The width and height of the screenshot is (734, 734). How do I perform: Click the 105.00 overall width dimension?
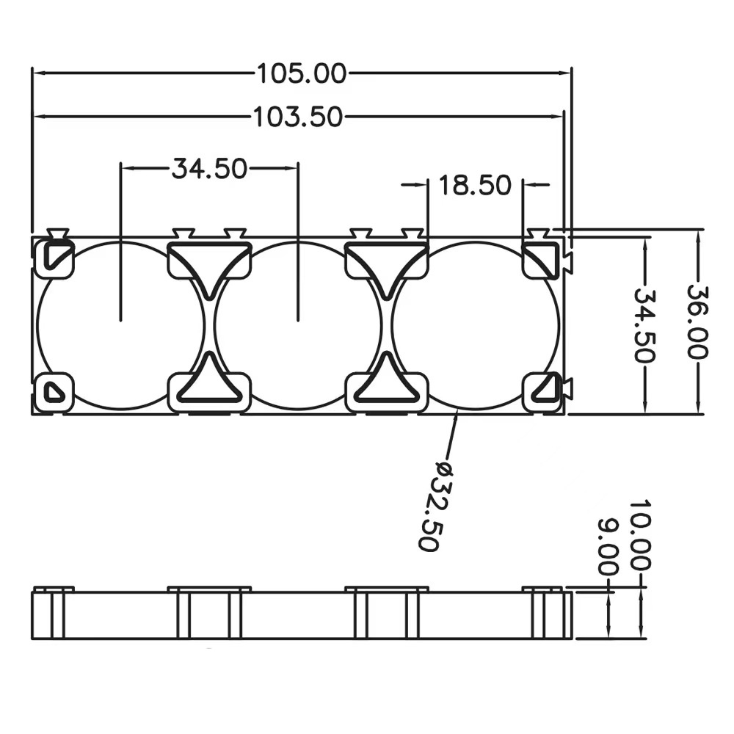[302, 73]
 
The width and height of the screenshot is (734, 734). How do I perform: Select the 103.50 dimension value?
[298, 117]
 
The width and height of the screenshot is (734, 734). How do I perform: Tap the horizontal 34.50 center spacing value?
[209, 169]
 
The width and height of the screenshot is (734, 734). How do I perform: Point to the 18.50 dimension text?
[475, 185]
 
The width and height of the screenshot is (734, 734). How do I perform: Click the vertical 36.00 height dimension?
[697, 321]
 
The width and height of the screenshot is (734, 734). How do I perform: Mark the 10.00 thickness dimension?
[640, 535]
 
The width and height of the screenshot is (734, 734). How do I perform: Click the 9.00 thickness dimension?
[608, 547]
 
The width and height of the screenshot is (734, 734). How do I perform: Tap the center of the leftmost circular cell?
[121, 327]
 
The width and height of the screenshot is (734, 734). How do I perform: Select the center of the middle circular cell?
[298, 327]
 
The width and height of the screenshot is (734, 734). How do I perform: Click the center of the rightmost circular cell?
[476, 327]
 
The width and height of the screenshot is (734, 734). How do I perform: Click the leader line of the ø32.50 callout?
[452, 435]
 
